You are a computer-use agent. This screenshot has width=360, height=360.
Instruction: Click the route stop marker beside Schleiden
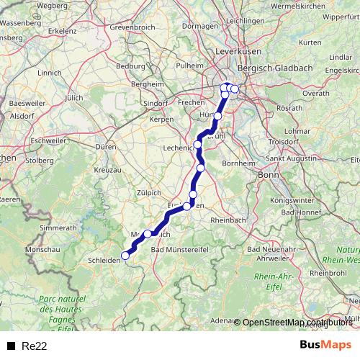tap(125, 255)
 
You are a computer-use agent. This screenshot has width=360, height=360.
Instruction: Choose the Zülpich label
tap(149, 192)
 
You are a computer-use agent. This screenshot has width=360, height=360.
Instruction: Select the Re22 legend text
tap(35, 346)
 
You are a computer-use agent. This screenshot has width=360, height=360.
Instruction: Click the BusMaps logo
tap(325, 345)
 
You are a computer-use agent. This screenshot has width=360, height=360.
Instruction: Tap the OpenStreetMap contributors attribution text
tap(297, 323)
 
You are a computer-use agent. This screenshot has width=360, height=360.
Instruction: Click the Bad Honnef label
tap(300, 212)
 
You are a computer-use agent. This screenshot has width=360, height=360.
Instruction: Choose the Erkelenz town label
tap(63, 32)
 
